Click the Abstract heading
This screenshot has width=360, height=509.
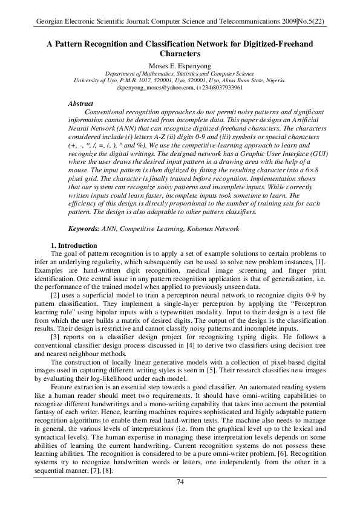coord(81,105)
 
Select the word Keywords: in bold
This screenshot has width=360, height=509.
coord(85,229)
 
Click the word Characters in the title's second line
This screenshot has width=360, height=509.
coord(180,54)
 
